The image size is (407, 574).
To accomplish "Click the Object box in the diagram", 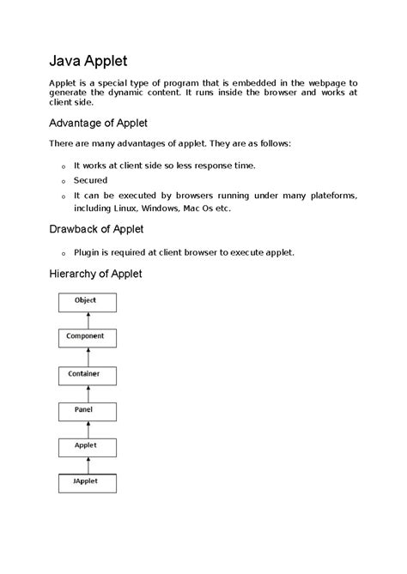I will pos(86,301).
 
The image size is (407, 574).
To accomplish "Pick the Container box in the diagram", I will pos(86,375).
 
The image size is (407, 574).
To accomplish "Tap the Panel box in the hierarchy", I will pos(86,411).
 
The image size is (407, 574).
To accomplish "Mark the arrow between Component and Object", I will pos(86,319).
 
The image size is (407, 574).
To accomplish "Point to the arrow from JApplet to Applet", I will pos(86,465).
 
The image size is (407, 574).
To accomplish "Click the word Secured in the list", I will pos(91,180).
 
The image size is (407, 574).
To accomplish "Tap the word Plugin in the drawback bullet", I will pos(88,252).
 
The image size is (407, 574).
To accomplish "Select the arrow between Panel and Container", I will pos(86,393).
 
